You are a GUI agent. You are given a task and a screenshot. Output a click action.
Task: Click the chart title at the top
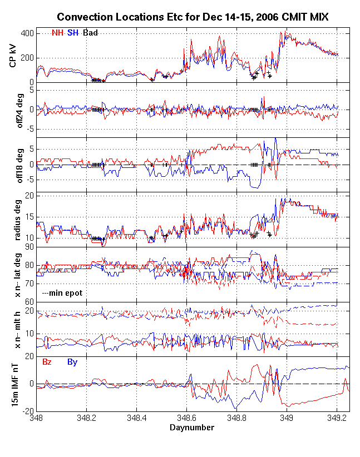193,18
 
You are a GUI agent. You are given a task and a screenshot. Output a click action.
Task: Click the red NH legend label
58,33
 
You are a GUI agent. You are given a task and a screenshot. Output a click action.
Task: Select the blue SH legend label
73,33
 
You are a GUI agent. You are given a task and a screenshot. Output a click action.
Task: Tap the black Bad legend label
90,33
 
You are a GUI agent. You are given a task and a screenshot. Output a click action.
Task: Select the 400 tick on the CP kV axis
27,33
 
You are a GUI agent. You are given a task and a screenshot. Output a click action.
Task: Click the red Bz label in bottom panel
47,362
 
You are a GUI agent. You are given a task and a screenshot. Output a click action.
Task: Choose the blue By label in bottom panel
72,362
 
